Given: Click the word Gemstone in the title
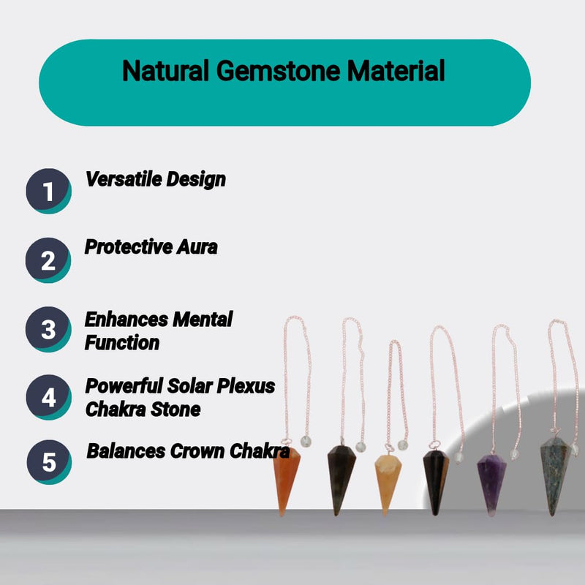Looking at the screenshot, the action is (x=278, y=70).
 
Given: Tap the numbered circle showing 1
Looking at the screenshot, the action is (x=48, y=191).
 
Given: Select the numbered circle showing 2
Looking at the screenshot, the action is (x=48, y=260).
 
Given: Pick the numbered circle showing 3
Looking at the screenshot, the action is (x=48, y=330).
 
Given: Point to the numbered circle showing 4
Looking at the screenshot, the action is (x=48, y=397).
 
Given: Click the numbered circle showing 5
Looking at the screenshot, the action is (x=49, y=462).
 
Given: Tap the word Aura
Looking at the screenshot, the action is (x=197, y=247).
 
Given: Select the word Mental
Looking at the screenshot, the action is (x=203, y=320).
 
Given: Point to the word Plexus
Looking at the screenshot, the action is (x=246, y=386).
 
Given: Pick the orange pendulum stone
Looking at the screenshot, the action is (x=286, y=482).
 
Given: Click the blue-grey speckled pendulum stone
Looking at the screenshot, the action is (x=556, y=477).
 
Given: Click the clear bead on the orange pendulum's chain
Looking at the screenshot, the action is (x=306, y=442).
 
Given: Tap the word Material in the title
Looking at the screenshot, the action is (x=396, y=70).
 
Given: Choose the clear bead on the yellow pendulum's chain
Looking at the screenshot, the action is (x=403, y=445).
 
